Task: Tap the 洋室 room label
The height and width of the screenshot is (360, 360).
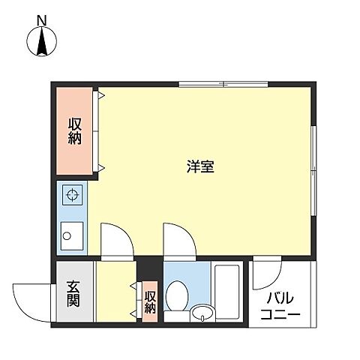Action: [x=201, y=167]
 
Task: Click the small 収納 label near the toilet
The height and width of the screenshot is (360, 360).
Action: [x=150, y=301]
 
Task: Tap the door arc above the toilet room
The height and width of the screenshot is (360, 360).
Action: [x=178, y=240]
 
